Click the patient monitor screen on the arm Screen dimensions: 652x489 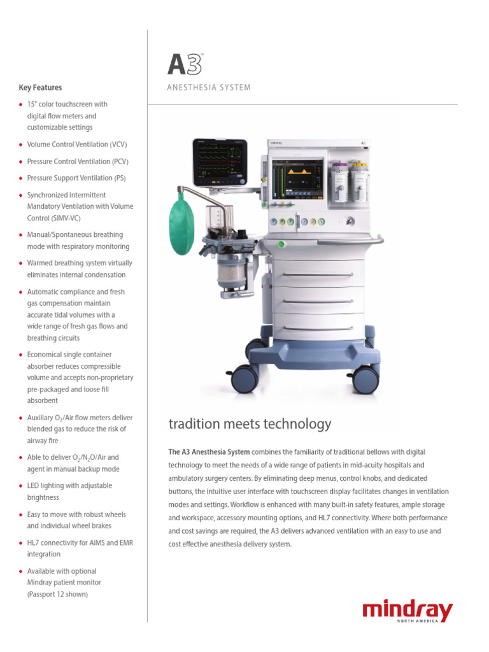pos(219,161)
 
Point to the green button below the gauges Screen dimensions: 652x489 pos(280,244)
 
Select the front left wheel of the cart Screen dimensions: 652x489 pos(245,379)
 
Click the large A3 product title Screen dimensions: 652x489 pos(185,66)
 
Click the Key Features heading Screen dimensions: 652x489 pos(41,88)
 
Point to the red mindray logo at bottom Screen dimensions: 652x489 pos(407,611)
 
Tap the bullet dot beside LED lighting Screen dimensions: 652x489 pos(21,486)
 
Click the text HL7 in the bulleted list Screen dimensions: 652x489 pos(34,542)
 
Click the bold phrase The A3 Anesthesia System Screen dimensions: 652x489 pos(204,452)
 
